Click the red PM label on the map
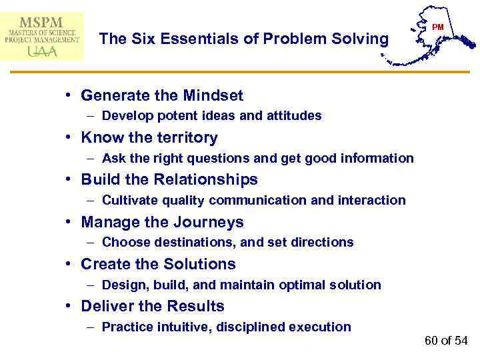[438, 27]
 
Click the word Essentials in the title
[177, 39]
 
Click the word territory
[185, 138]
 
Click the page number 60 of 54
[446, 341]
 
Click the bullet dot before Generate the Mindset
[69, 96]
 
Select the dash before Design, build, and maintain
[90, 285]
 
